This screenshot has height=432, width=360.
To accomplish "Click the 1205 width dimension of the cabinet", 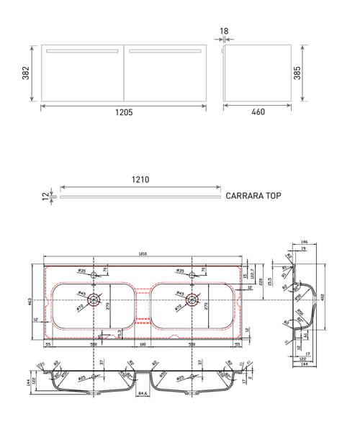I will tap(123, 112).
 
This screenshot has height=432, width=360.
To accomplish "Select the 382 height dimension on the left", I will tap(24, 74).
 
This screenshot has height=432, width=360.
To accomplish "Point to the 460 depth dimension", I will tap(258, 112).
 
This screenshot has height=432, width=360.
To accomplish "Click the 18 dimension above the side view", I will tap(225, 32).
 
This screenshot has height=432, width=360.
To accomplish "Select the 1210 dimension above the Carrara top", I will tap(140, 181).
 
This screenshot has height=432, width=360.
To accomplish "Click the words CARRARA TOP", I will tap(253, 195).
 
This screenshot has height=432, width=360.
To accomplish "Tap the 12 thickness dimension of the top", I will tap(45, 195).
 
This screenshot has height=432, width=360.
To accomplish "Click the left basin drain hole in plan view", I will tap(91, 300).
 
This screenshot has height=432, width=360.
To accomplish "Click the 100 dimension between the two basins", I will tap(143, 345).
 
